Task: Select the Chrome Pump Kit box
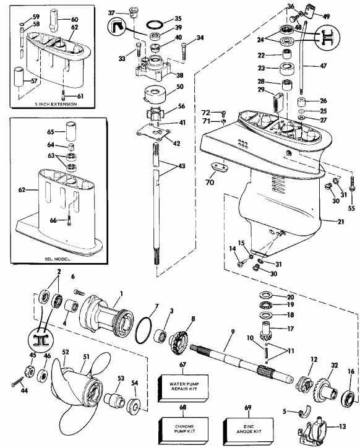click(182, 428)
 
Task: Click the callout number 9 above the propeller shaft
click(233, 332)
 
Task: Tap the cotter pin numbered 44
click(16, 387)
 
